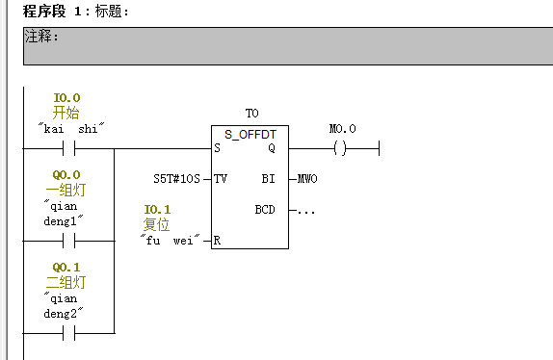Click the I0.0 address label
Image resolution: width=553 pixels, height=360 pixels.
pyautogui.click(x=67, y=98)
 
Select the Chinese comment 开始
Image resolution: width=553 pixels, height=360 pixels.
pyautogui.click(x=67, y=113)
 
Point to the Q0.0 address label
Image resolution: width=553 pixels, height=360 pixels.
pyautogui.click(x=67, y=175)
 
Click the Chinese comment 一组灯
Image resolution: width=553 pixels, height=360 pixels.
pyautogui.click(x=67, y=190)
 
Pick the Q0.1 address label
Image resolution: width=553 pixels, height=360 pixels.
pyautogui.click(x=67, y=267)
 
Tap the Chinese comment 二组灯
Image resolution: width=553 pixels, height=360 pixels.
pyautogui.click(x=67, y=282)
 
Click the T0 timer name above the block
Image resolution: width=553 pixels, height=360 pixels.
pyautogui.click(x=252, y=114)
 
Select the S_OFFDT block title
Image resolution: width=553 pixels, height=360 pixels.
pyautogui.click(x=250, y=134)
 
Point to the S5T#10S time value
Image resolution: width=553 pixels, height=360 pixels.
pyautogui.click(x=176, y=179)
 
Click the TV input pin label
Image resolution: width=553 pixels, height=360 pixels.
pyautogui.click(x=221, y=179)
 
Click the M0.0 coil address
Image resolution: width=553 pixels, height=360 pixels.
pyautogui.click(x=342, y=129)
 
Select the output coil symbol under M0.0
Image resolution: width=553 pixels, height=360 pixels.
pyautogui.click(x=338, y=149)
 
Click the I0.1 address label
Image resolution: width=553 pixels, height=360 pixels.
pyautogui.click(x=157, y=210)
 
